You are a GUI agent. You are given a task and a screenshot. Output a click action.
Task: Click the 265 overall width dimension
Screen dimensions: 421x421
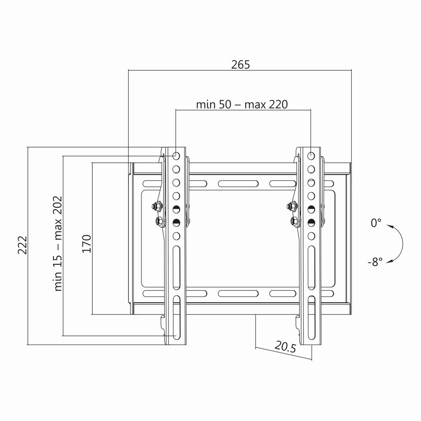click(x=240, y=64)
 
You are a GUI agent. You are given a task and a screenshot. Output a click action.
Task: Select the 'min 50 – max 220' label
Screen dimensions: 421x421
click(x=242, y=104)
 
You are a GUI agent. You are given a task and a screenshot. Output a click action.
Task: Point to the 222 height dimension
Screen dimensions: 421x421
click(x=22, y=245)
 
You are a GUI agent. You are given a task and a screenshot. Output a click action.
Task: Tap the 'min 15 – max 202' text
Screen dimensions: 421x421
click(x=58, y=243)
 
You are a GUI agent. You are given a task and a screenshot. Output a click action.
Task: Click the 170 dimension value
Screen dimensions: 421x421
click(x=86, y=244)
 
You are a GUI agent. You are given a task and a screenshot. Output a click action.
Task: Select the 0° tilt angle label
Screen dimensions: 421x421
click(x=376, y=223)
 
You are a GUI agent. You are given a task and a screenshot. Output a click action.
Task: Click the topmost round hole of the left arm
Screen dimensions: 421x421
click(x=176, y=156)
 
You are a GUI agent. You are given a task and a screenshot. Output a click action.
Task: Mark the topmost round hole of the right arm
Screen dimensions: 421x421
click(x=311, y=156)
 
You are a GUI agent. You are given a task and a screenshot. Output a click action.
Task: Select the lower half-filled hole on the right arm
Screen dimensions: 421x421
click(x=311, y=222)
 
